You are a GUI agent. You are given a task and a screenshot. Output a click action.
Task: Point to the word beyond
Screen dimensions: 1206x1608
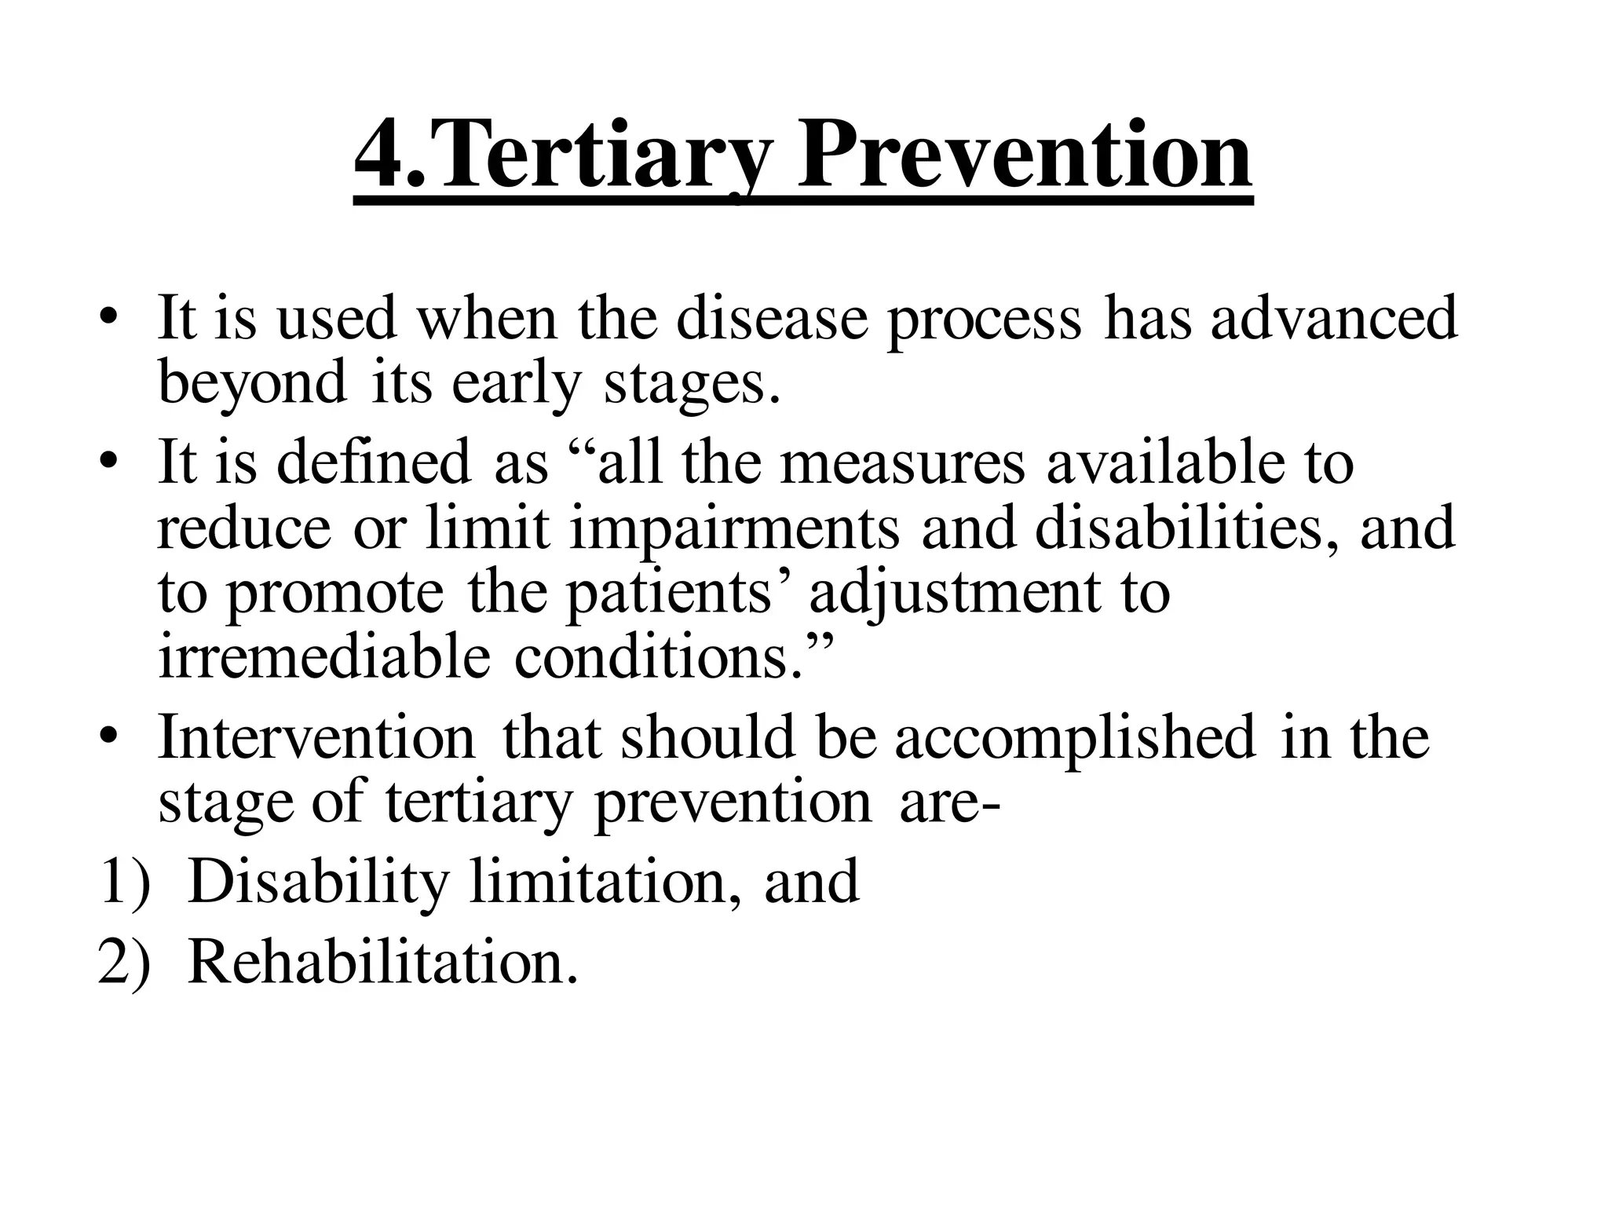[x=252, y=382]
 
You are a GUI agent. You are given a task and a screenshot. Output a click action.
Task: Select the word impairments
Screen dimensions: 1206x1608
[x=734, y=528]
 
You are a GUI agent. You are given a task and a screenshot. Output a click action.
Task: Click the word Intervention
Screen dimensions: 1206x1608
[x=316, y=737]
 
